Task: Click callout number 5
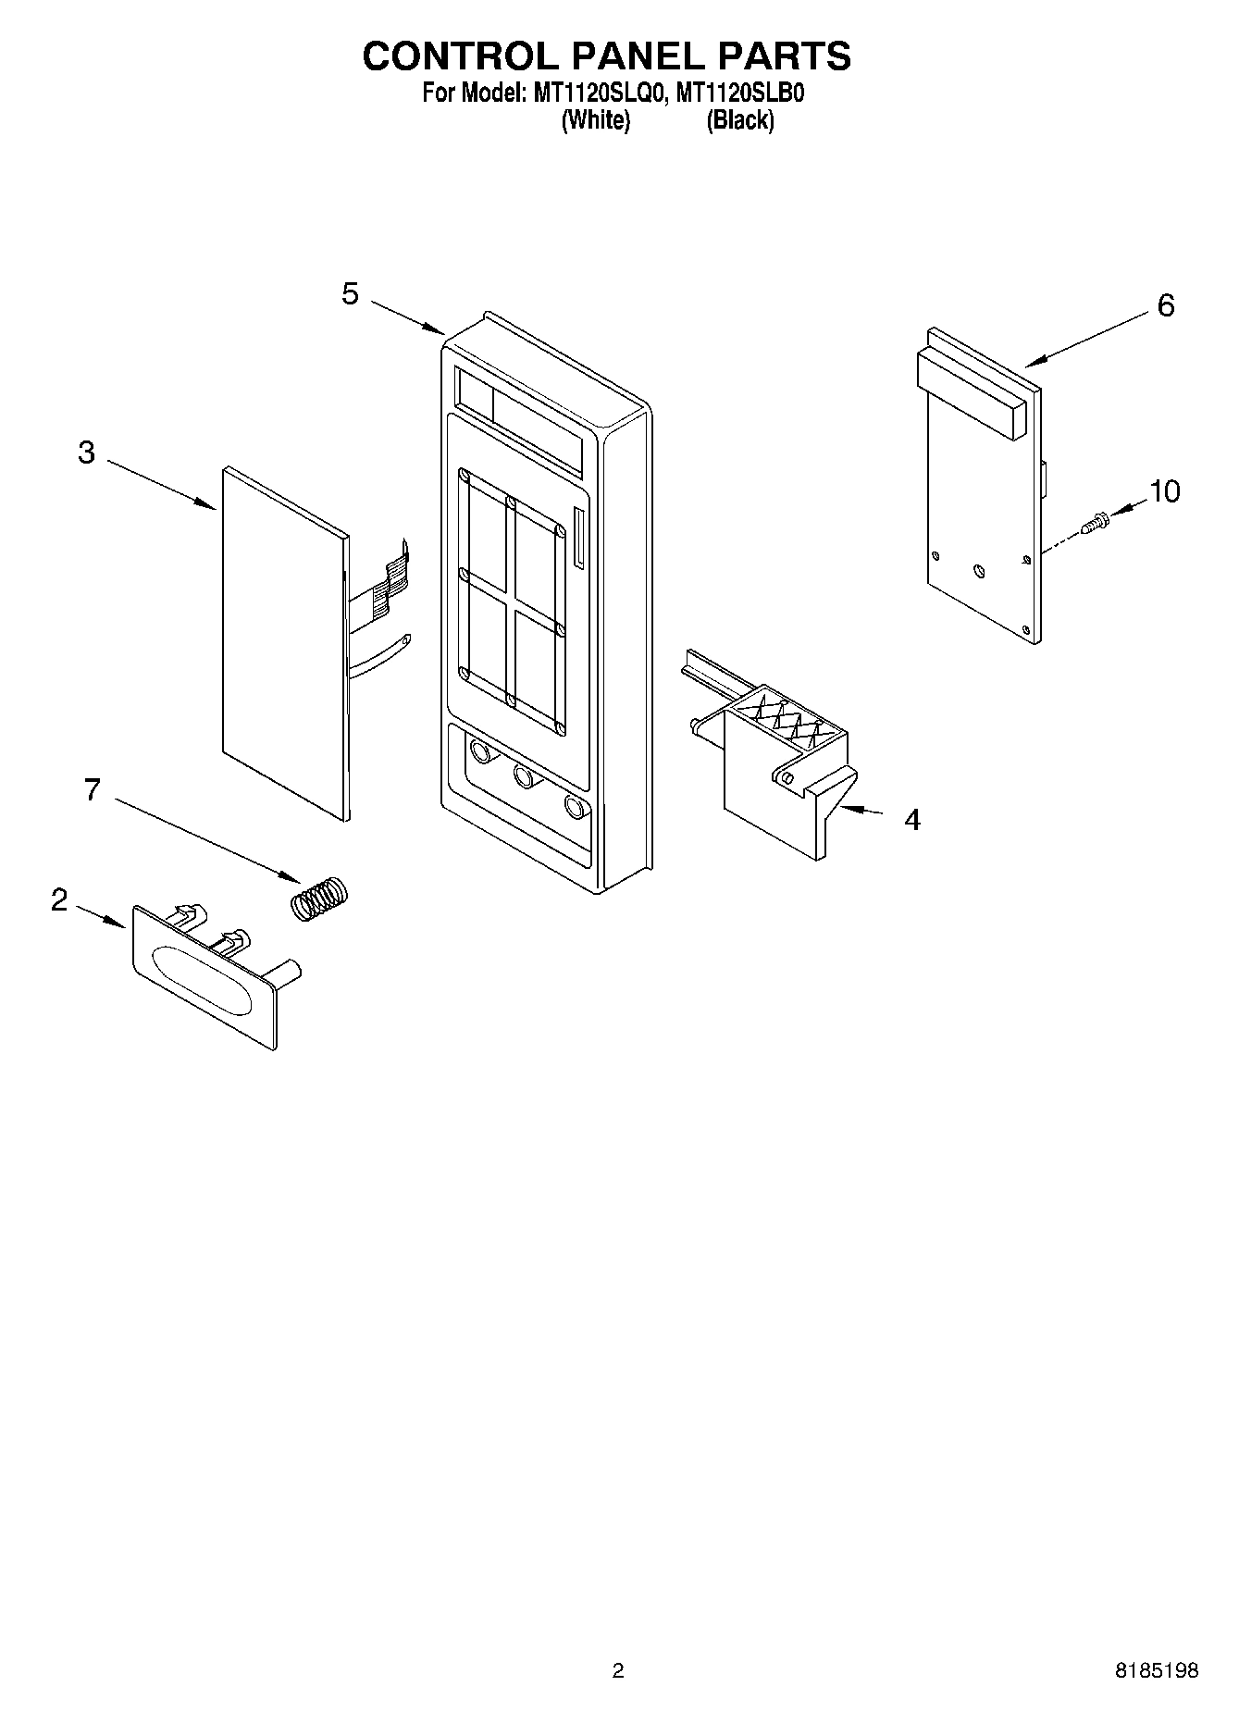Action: click(350, 294)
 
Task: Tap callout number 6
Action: click(1165, 305)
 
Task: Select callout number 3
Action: click(86, 453)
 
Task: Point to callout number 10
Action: click(1165, 491)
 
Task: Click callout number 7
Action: click(92, 790)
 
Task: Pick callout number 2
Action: click(59, 899)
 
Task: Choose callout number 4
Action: click(911, 820)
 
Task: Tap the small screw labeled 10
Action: click(1096, 523)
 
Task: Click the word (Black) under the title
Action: click(739, 120)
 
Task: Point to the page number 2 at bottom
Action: click(618, 1670)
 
